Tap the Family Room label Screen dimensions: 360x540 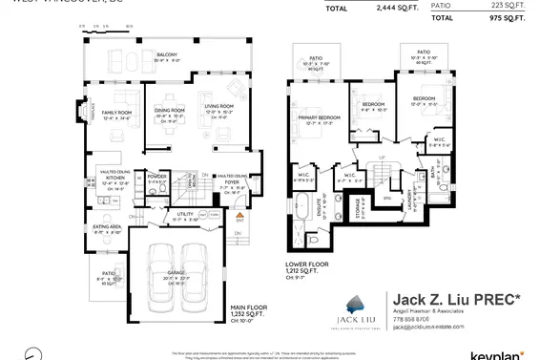116,113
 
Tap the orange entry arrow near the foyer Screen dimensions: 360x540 240,216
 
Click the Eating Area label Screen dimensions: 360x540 107,226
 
